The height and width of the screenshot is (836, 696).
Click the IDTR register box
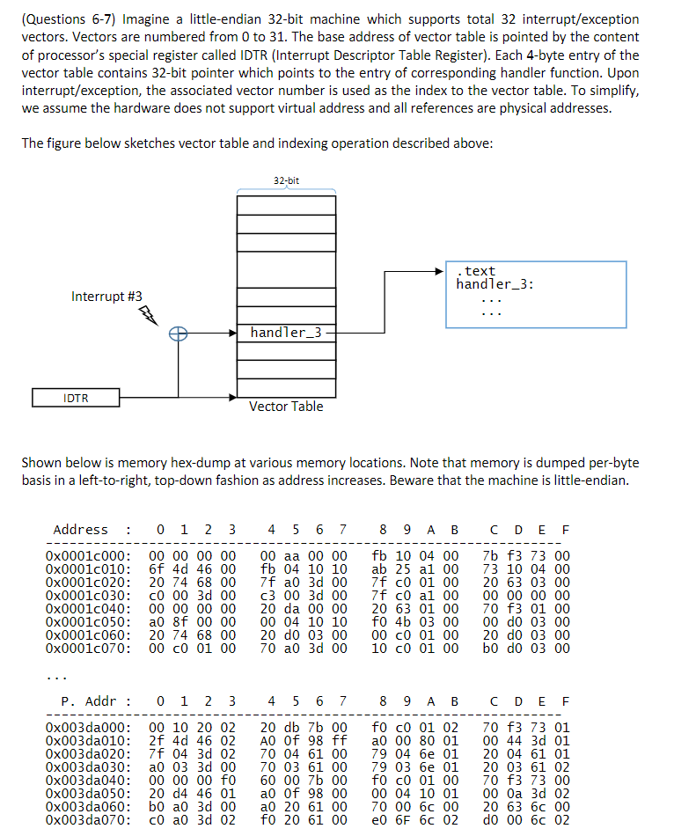pyautogui.click(x=76, y=398)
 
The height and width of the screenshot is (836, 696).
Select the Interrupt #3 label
pyautogui.click(x=106, y=297)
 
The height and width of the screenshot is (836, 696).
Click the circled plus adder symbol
pyautogui.click(x=178, y=333)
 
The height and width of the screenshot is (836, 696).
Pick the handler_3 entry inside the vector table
pyautogui.click(x=286, y=333)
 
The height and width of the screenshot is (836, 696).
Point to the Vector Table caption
pyautogui.click(x=286, y=407)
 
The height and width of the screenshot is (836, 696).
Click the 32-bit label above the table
pyautogui.click(x=286, y=180)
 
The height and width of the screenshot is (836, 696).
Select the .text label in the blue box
pyautogui.click(x=478, y=271)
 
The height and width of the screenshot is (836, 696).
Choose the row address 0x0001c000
pyautogui.click(x=88, y=556)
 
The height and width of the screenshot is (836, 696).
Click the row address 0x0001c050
pyautogui.click(x=88, y=622)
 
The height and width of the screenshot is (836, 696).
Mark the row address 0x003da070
pyautogui.click(x=88, y=820)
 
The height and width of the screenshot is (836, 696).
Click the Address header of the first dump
pyautogui.click(x=81, y=530)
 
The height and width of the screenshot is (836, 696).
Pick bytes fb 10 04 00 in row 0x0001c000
pyautogui.click(x=415, y=556)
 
